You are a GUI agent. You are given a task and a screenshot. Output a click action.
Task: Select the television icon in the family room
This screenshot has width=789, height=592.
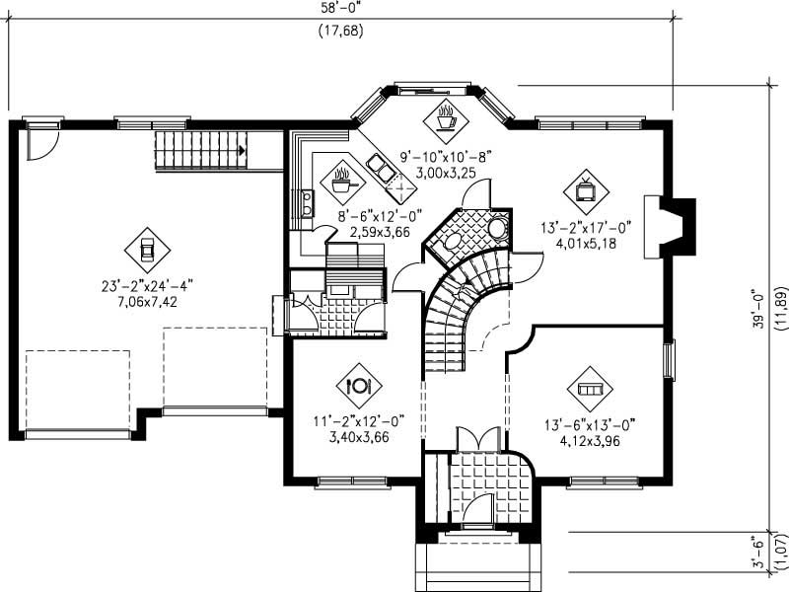(584, 187)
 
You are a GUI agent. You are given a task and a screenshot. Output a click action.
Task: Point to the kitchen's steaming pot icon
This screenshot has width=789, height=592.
(342, 181)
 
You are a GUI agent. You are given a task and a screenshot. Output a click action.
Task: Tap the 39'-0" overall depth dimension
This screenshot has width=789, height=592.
(758, 309)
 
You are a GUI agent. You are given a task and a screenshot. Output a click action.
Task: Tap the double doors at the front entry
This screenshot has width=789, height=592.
(476, 438)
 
